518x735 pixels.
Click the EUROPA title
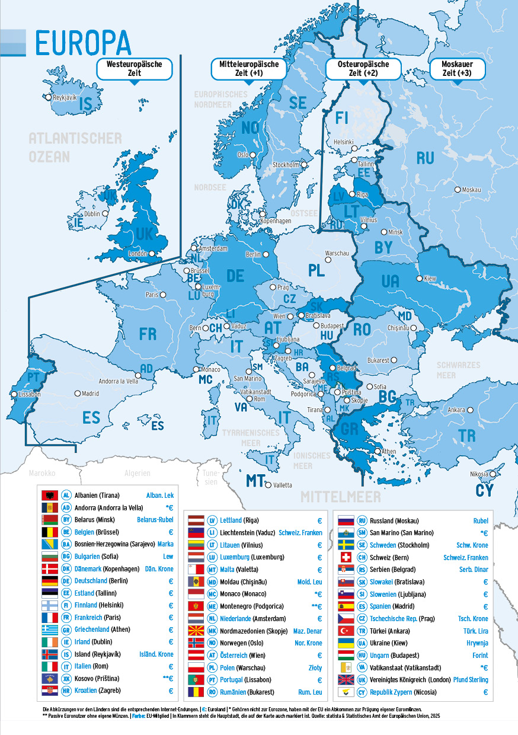[83, 43]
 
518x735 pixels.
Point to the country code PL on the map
[316, 270]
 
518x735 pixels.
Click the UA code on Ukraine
[390, 281]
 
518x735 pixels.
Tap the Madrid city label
[90, 393]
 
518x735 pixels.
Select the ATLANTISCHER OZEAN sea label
[75, 148]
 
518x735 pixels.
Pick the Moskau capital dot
[458, 190]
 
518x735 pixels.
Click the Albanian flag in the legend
[49, 496]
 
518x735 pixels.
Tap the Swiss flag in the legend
[346, 557]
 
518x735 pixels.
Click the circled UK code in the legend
[361, 680]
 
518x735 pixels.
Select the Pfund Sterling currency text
[471, 680]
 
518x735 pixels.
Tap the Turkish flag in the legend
[346, 631]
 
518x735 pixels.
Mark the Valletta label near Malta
[282, 485]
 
